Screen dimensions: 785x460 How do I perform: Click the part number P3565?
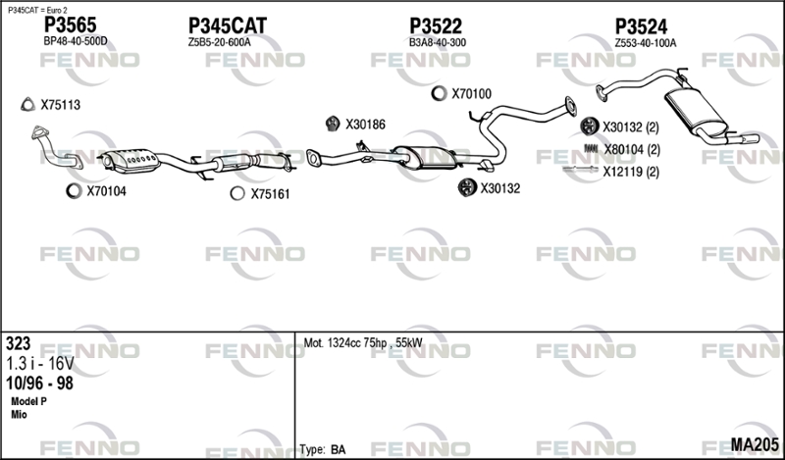click(x=70, y=25)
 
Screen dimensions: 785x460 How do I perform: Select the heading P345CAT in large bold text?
click(x=228, y=26)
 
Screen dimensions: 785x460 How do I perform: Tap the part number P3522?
click(x=436, y=26)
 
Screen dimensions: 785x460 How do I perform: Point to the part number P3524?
click(x=641, y=26)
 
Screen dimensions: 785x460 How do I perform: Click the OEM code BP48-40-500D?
click(x=76, y=41)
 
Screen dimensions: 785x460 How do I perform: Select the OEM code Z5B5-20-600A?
click(x=219, y=42)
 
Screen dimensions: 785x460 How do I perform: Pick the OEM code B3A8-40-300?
click(x=437, y=42)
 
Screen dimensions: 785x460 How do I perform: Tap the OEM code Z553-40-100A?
click(x=646, y=43)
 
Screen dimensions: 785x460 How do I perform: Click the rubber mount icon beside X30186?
click(x=333, y=124)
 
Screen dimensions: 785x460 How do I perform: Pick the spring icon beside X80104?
click(x=592, y=149)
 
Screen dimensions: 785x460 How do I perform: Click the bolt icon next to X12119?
click(x=580, y=171)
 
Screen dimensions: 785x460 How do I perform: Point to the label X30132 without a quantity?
click(x=500, y=188)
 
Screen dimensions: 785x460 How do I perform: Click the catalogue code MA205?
click(x=755, y=444)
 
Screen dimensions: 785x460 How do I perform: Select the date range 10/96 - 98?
click(x=39, y=383)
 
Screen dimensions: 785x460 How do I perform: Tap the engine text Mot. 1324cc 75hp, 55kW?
click(x=363, y=343)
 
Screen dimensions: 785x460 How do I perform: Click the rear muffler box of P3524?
click(x=695, y=111)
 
